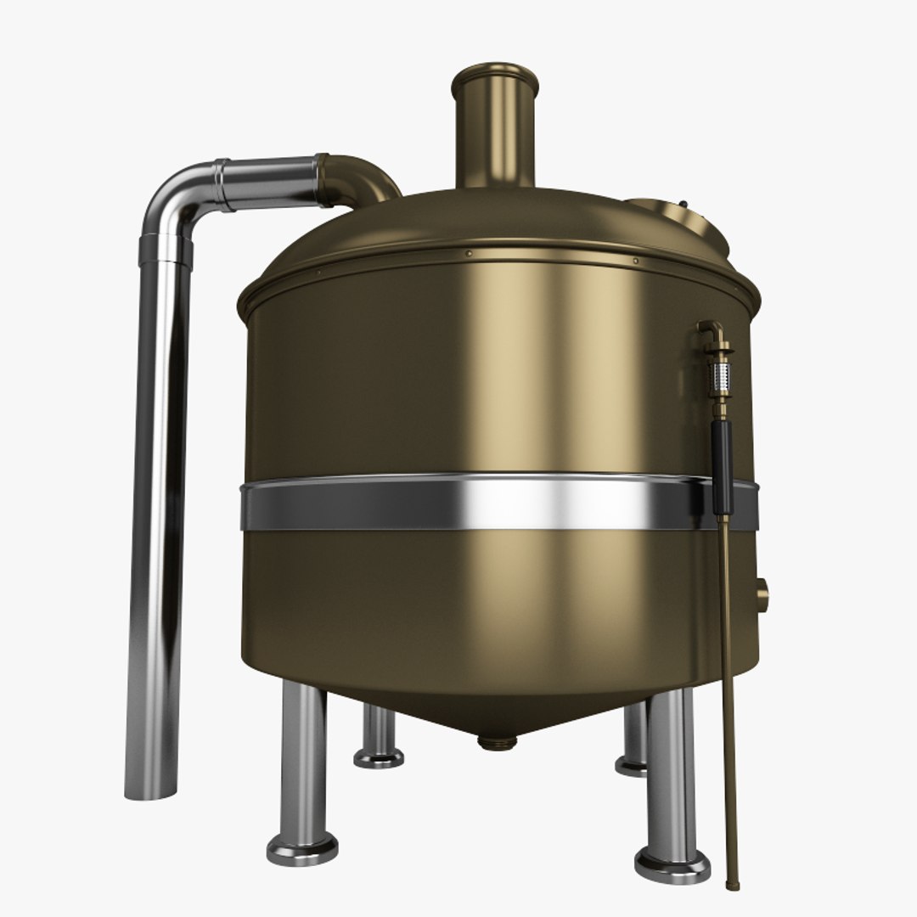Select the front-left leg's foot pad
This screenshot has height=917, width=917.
click(x=301, y=848)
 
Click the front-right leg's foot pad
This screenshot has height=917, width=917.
click(x=672, y=865)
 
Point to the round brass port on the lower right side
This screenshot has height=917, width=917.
click(x=761, y=589)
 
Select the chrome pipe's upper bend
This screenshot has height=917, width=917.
click(x=174, y=200)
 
